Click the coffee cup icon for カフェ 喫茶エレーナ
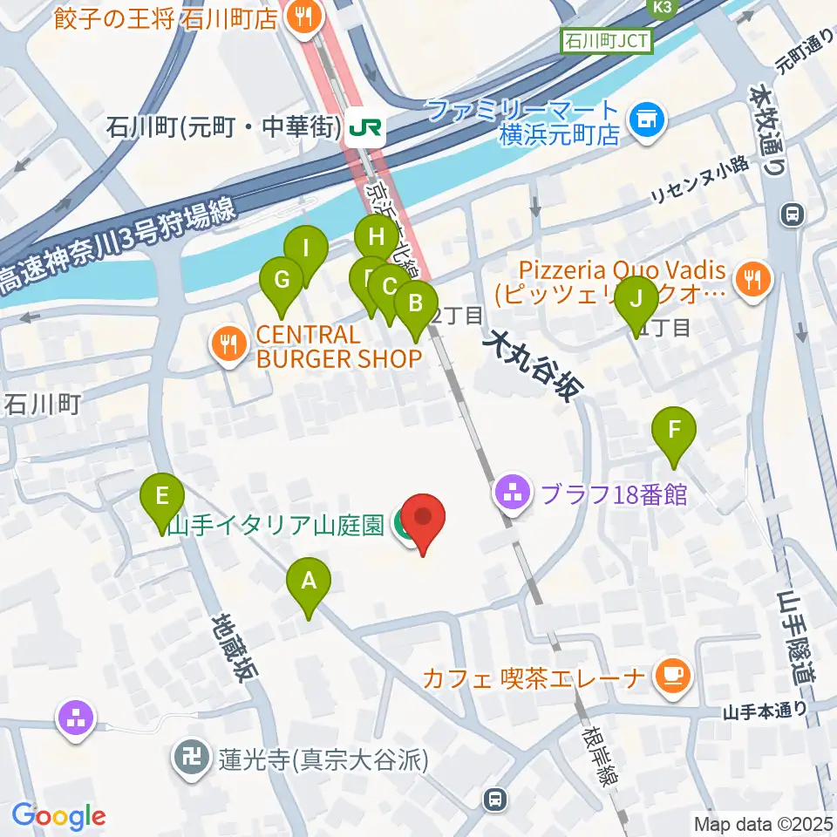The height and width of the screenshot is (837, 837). (x=671, y=673)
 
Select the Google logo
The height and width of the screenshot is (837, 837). (x=59, y=816)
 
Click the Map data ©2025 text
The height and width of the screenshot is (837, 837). (x=763, y=822)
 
